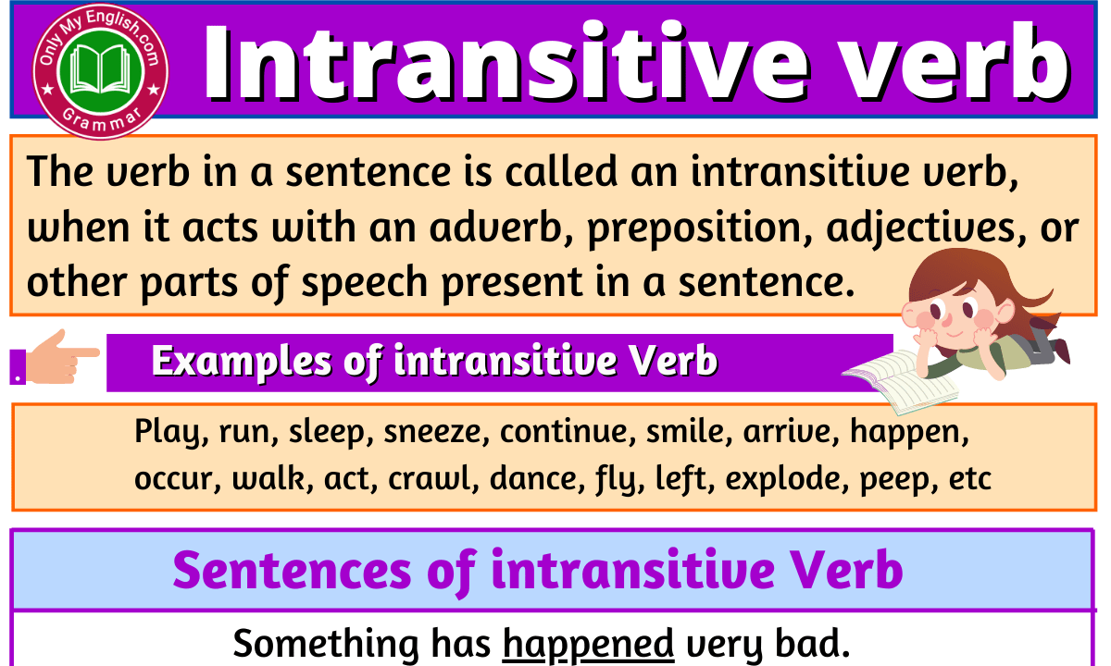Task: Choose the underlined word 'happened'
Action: coord(588,644)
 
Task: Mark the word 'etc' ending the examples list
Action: coord(969,479)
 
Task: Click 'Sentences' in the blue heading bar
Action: coord(292,570)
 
